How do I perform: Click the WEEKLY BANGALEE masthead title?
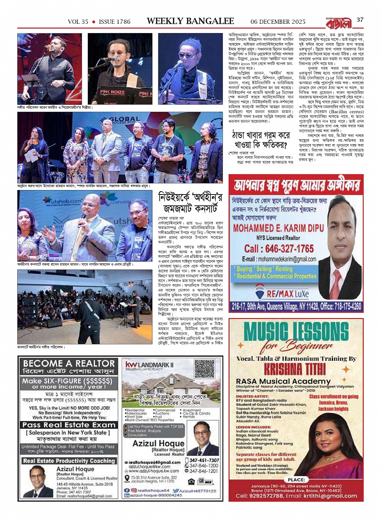point(190,21)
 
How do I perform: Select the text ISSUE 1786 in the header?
point(115,22)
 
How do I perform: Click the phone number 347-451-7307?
point(204,460)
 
